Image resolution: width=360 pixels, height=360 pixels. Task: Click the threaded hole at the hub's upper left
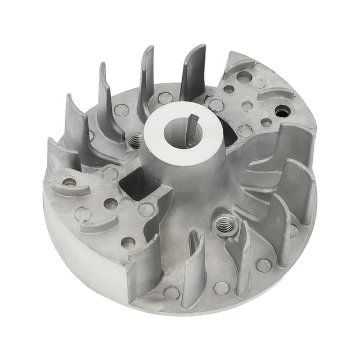(x=135, y=141)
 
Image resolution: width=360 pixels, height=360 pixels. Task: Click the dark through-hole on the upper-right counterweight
(x=282, y=111)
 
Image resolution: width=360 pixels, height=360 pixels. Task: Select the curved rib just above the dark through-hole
(x=276, y=94)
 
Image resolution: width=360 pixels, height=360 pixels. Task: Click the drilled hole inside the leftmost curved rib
(x=69, y=182)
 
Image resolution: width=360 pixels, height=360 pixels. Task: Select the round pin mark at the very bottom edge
(x=171, y=293)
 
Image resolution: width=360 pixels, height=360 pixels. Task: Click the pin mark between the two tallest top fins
(x=165, y=98)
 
